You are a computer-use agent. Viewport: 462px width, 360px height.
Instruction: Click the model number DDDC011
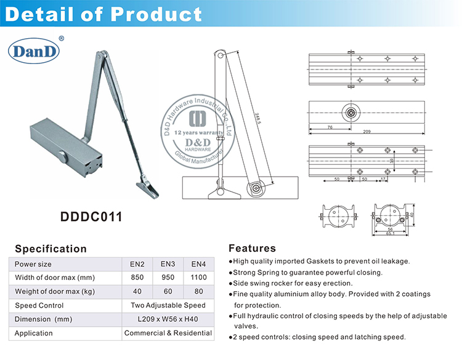click(91, 217)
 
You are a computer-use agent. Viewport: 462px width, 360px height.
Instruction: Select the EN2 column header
click(137, 263)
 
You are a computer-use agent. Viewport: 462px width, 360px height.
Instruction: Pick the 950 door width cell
click(168, 277)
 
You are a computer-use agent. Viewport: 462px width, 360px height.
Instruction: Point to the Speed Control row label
click(39, 305)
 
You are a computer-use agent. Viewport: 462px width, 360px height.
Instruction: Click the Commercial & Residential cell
click(168, 333)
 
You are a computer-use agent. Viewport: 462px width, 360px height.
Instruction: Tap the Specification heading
click(51, 249)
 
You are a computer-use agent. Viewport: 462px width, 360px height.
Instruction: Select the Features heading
click(252, 249)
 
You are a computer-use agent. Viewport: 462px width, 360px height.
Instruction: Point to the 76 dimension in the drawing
click(330, 127)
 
